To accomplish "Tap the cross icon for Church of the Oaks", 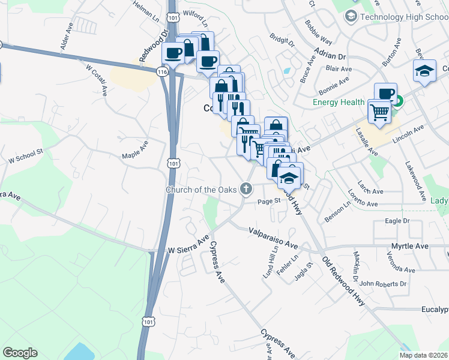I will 246,189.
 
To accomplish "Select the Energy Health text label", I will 339,102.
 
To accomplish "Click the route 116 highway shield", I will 162,71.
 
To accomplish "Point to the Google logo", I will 20,353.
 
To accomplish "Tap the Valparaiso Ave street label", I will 273,237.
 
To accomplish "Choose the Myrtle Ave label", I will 427,246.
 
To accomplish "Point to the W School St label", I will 26,158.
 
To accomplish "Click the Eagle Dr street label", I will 397,221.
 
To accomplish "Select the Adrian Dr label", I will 334,56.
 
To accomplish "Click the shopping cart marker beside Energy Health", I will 379,112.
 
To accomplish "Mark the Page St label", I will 270,202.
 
